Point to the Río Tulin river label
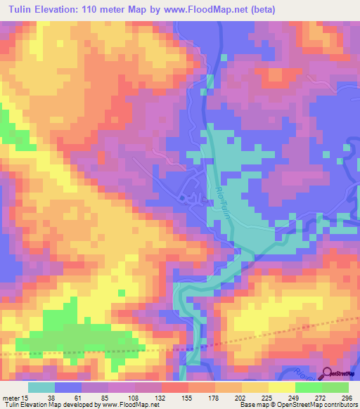click(222, 204)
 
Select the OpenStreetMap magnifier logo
click(328, 374)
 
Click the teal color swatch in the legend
click(41, 387)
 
